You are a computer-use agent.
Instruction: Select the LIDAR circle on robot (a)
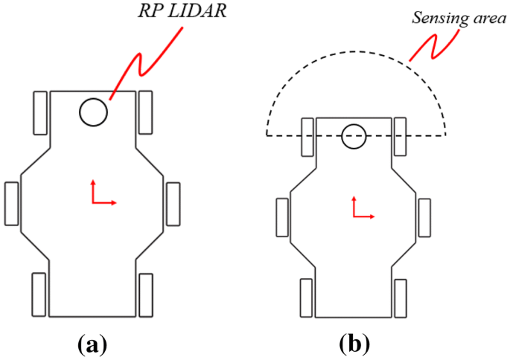[x=94, y=112]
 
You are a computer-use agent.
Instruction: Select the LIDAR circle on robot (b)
[x=354, y=136]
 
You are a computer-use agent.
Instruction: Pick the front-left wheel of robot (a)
[x=39, y=112]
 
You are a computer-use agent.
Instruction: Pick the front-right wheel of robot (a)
[x=146, y=112]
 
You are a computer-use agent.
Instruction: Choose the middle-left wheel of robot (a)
[x=12, y=202]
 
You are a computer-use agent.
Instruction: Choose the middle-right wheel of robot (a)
[x=173, y=202]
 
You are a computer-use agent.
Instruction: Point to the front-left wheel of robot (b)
[x=307, y=136]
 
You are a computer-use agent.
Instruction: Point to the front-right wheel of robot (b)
[x=402, y=136]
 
